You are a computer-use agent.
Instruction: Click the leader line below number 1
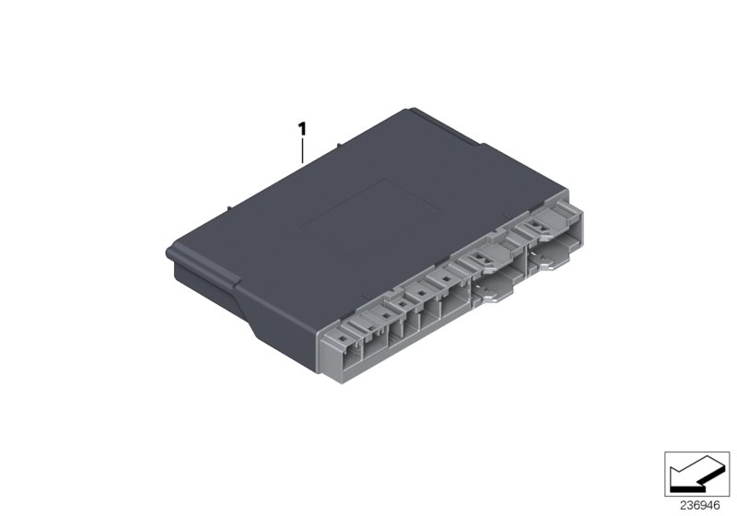[301, 147]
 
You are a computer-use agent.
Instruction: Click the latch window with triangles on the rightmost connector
[535, 227]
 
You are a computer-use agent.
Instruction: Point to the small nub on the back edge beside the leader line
[341, 146]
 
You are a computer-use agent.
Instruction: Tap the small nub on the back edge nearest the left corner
[225, 211]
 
